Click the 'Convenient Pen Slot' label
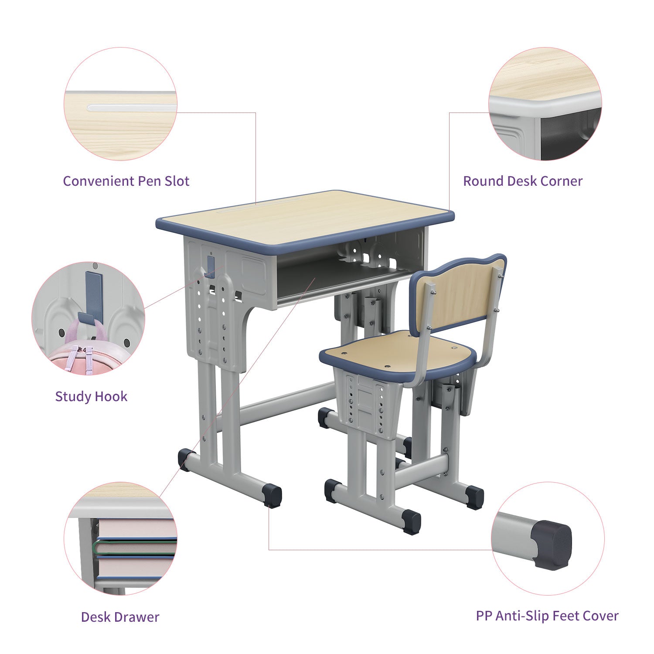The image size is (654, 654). coord(126,181)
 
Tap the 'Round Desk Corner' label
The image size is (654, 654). coord(523,181)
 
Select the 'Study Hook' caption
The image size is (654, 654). coord(91,397)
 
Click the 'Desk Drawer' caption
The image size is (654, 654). coord(120,617)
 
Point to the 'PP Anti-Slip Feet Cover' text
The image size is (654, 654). coord(547,616)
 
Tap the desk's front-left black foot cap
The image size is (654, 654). coord(273,496)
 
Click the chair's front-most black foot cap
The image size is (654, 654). coord(412,522)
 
